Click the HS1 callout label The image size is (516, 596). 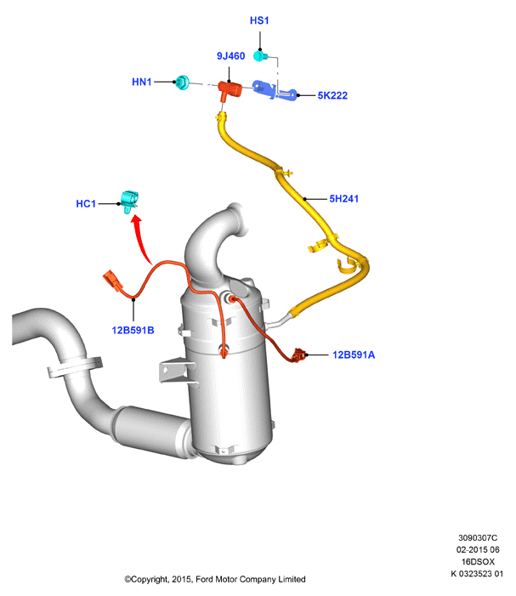tap(259, 20)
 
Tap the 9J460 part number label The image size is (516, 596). tap(230, 56)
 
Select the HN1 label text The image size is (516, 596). tap(142, 82)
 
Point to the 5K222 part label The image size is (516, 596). tap(332, 95)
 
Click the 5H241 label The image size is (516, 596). tap(344, 199)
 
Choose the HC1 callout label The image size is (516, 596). tap(86, 204)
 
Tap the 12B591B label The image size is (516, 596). tap(133, 331)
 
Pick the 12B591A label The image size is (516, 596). tap(354, 355)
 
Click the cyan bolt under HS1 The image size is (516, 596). tap(260, 57)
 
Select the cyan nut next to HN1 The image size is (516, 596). tap(183, 82)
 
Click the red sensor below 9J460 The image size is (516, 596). tap(230, 91)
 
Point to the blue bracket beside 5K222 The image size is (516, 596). tap(274, 91)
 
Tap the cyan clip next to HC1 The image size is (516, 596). tap(129, 201)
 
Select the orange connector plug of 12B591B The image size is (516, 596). tap(112, 281)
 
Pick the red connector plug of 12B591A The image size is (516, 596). tap(298, 355)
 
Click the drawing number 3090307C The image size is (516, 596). tap(478, 538)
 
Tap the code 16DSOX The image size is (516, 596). tap(478, 562)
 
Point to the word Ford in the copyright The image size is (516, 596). tap(204, 579)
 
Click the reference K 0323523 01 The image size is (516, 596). tap(477, 574)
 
